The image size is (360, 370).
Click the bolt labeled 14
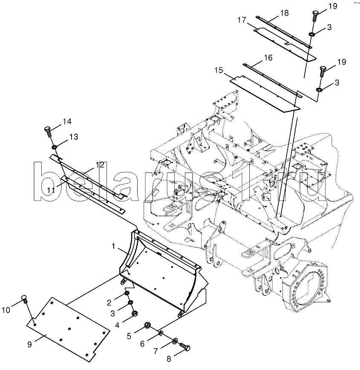click(x=48, y=131)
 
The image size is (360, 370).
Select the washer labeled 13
click(x=55, y=147)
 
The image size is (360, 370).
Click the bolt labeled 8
click(x=185, y=347)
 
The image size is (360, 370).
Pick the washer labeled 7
click(x=176, y=341)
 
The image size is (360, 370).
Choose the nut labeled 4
click(x=135, y=313)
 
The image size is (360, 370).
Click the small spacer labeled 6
click(x=161, y=333)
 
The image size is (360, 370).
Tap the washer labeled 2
click(x=127, y=293)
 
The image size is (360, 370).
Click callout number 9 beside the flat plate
click(x=29, y=345)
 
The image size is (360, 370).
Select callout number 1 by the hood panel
click(x=113, y=247)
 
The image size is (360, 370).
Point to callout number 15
click(x=219, y=70)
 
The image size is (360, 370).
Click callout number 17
click(x=242, y=20)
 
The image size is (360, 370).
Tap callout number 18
click(x=285, y=13)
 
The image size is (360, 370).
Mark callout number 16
click(x=268, y=57)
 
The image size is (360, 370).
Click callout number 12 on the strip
click(x=100, y=165)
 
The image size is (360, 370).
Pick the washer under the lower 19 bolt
click(x=320, y=90)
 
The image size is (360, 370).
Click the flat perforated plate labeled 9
click(x=68, y=325)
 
